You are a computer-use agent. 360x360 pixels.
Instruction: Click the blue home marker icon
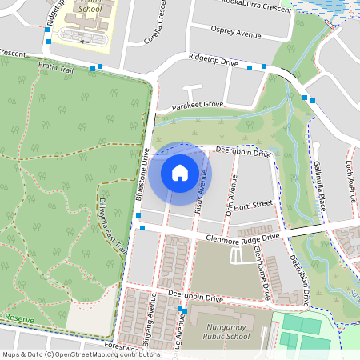[180, 173]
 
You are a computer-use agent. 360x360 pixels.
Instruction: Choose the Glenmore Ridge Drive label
[242, 237]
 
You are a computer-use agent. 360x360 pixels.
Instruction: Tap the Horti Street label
[255, 204]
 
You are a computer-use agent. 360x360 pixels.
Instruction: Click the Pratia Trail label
[58, 69]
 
